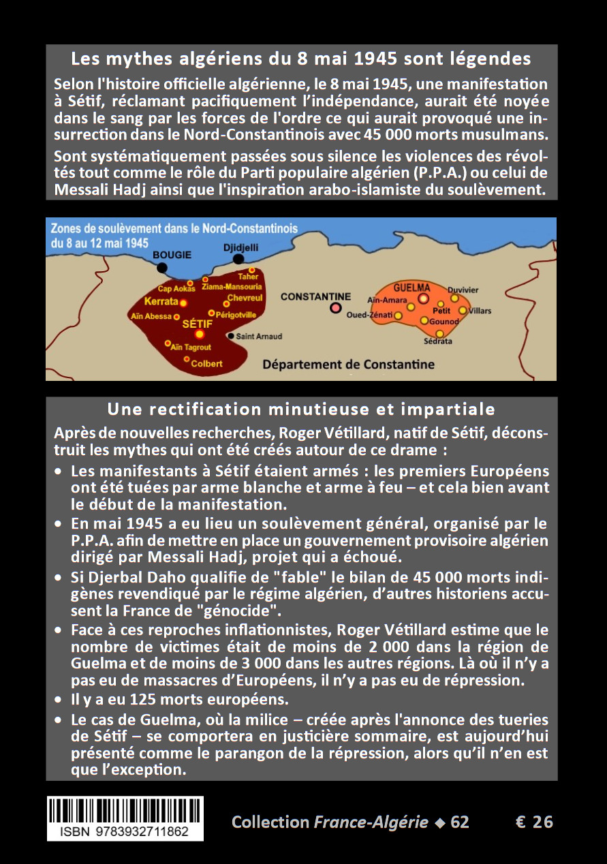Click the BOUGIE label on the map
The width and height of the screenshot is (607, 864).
pyautogui.click(x=172, y=255)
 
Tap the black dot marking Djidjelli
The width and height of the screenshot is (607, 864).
pyautogui.click(x=238, y=259)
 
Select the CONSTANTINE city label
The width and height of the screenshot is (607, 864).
pyautogui.click(x=315, y=296)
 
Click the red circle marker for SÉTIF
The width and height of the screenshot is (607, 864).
pyautogui.click(x=200, y=334)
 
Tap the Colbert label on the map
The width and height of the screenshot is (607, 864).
pyautogui.click(x=206, y=363)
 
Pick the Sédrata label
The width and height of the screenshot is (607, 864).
pyautogui.click(x=437, y=341)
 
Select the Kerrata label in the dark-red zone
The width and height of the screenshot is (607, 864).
pyautogui.click(x=161, y=301)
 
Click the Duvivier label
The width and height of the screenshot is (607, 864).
pyautogui.click(x=463, y=290)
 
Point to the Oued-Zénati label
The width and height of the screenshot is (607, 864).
pyautogui.click(x=370, y=315)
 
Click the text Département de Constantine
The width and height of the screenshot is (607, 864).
pyautogui.click(x=348, y=365)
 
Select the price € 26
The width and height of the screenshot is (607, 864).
pyautogui.click(x=534, y=822)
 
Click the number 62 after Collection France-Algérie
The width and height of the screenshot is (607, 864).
pyautogui.click(x=460, y=822)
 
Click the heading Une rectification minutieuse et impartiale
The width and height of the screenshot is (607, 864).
pyautogui.click(x=301, y=410)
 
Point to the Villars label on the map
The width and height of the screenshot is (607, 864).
pyautogui.click(x=480, y=311)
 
